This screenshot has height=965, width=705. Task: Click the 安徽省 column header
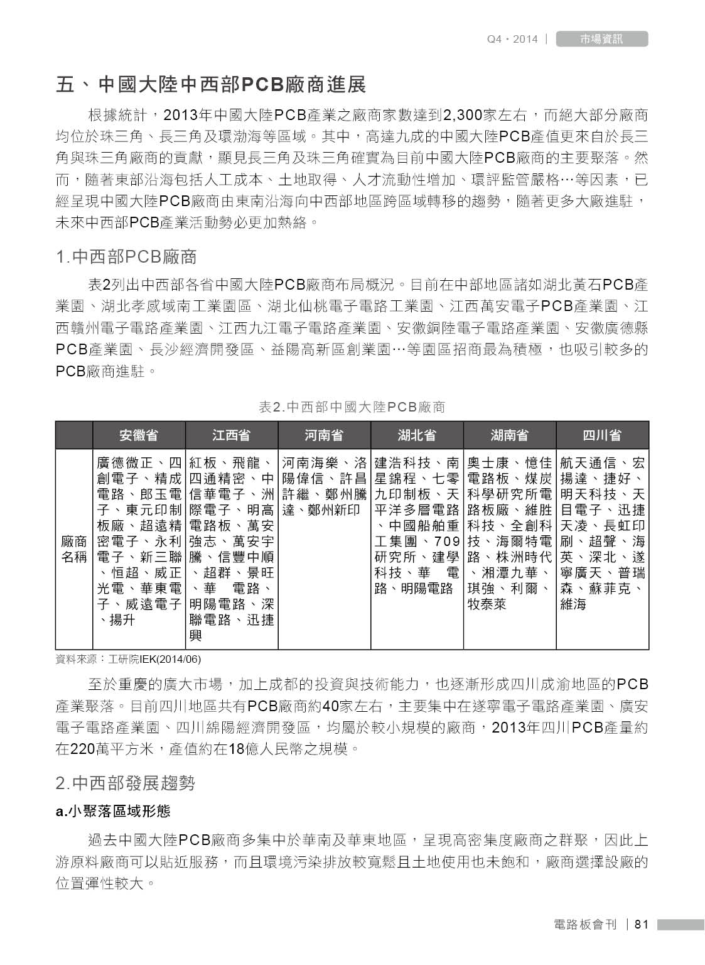pos(139,435)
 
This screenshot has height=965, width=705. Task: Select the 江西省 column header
pos(231,435)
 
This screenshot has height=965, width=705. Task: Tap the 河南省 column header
pos(324,435)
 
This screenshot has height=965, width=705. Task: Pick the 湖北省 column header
pos(417,435)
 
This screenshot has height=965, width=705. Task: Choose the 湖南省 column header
pos(509,435)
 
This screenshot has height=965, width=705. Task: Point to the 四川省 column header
pos(602,435)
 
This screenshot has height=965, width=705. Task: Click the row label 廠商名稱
pos(73,548)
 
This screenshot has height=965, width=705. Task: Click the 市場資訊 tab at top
pos(601,39)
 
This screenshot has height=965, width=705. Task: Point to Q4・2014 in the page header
pos(512,39)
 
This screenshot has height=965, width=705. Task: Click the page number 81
pos(641,924)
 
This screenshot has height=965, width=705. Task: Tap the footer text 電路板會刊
pos(586,924)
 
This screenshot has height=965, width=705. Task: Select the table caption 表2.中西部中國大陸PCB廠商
pos(352,407)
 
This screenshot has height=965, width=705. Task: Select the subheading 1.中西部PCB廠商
pos(126,256)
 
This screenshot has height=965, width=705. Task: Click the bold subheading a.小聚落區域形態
pos(113,811)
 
